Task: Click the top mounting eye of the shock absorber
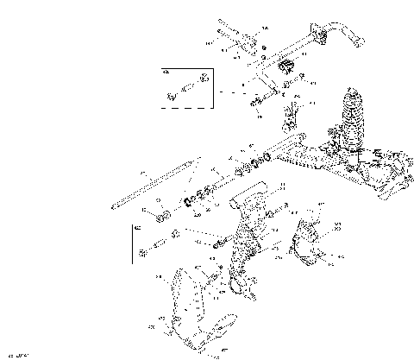[x=353, y=90]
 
